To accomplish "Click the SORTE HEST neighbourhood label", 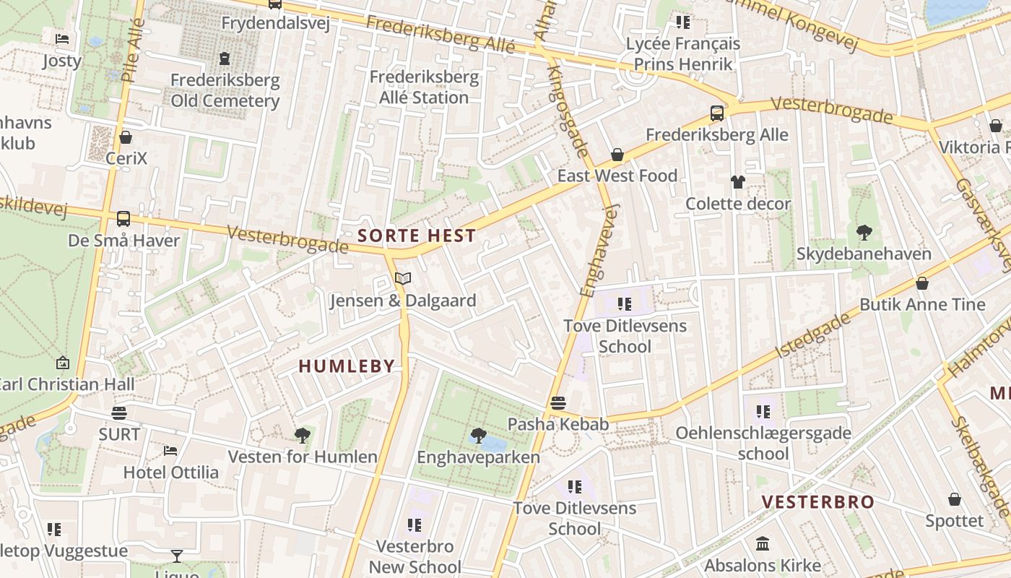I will pos(417,236).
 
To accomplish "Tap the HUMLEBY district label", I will pos(347,366).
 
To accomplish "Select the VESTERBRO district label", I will pos(817,502).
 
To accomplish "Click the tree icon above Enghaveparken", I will pos(477,435).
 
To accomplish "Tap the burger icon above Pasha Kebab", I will pos(557,402).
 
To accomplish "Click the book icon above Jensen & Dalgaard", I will pos(402,278).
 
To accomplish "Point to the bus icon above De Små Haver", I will pos(123,218).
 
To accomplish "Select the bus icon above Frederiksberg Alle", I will pos(716,113).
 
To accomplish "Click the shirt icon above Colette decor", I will pos(737,181).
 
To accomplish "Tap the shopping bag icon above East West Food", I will pos(617,155).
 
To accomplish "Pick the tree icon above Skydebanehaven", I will pos(864,232).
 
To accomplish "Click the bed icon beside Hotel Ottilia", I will pos(170,451).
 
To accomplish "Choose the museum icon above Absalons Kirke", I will pos(763,543).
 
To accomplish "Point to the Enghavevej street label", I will pos(601,249).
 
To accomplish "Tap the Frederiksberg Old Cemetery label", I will pos(225,90).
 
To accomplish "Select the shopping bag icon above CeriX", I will pos(126,137).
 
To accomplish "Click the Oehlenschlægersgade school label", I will pos(763,443).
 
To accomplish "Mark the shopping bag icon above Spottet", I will pos(954,499).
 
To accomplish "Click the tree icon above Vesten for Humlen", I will pos(302,435).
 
